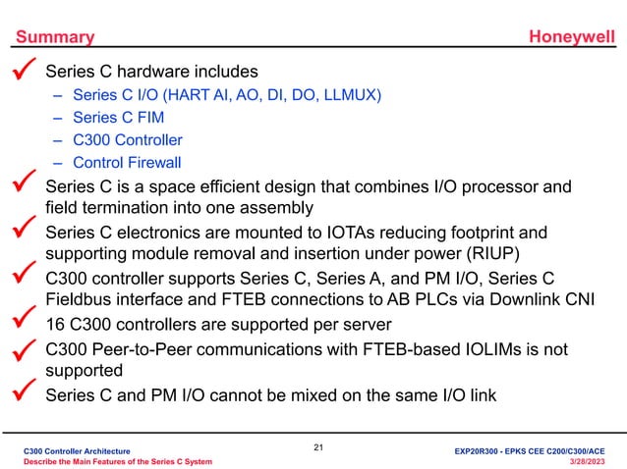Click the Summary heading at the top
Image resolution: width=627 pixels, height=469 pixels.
click(54, 37)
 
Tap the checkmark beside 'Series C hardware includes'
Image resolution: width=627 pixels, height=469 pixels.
click(25, 70)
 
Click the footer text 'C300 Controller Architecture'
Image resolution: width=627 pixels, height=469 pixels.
click(80, 448)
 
